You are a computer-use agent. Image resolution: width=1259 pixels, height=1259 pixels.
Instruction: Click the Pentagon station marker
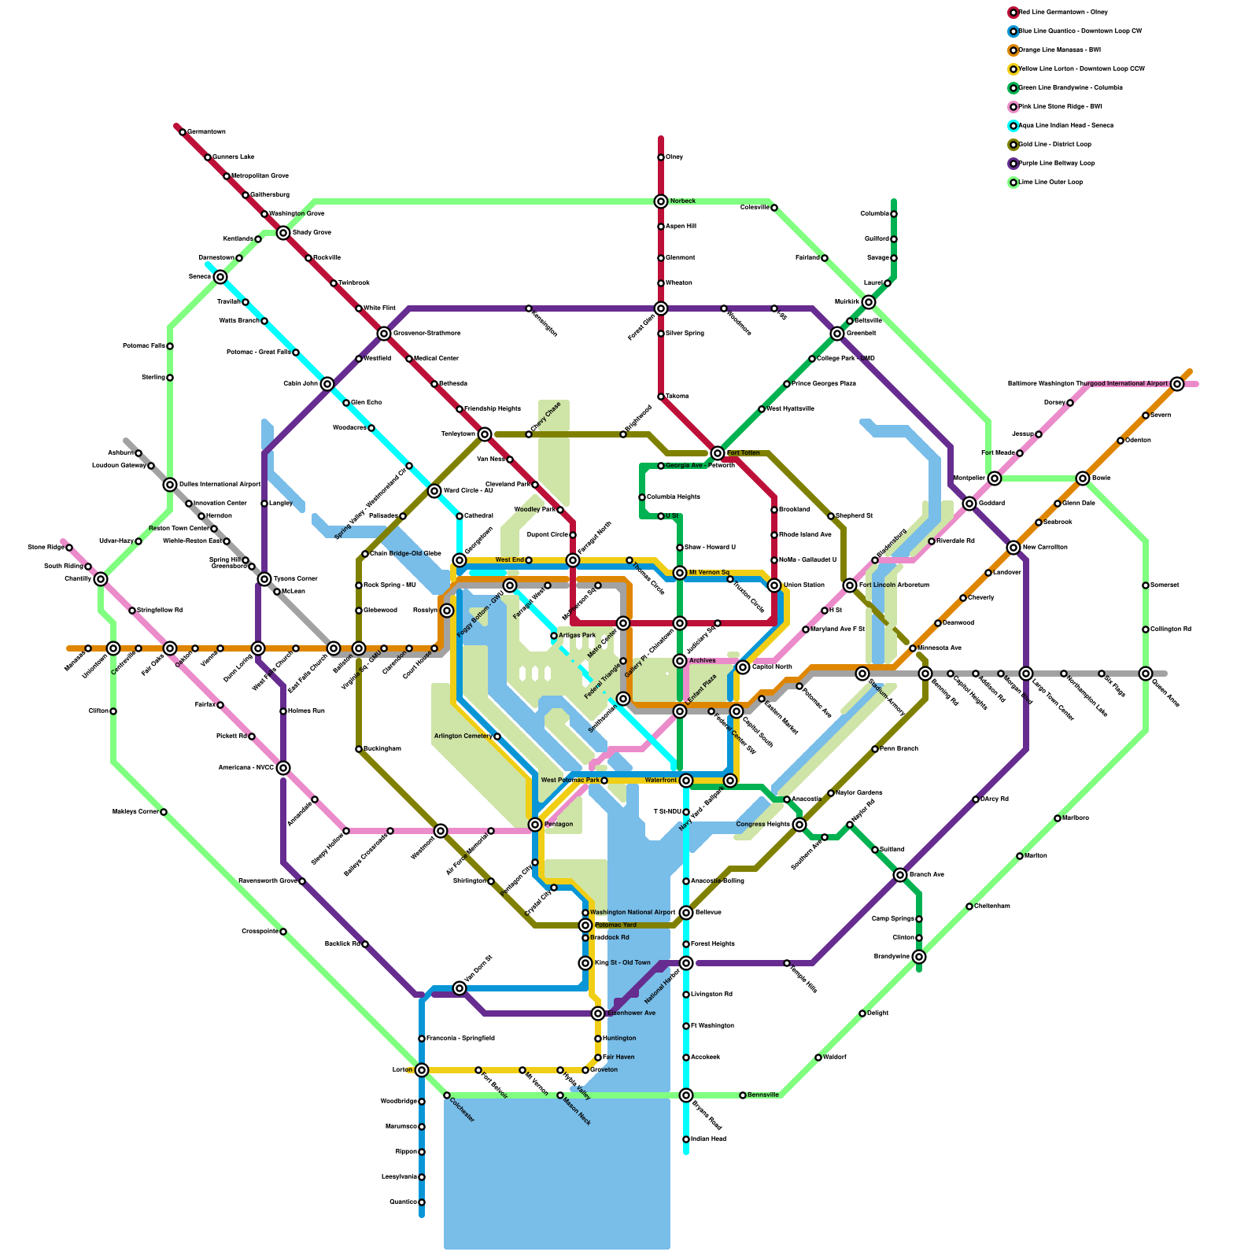(535, 825)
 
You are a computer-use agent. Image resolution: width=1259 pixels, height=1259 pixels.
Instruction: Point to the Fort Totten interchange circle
(718, 453)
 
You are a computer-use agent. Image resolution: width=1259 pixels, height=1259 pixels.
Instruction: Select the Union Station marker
(774, 585)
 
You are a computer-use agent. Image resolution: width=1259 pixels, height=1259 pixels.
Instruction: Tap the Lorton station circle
(422, 1070)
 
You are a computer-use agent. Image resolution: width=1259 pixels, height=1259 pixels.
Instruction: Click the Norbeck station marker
(661, 201)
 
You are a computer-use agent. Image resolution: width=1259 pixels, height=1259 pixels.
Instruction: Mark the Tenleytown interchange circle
(485, 434)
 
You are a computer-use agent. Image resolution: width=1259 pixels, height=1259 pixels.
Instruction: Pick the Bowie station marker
(1083, 478)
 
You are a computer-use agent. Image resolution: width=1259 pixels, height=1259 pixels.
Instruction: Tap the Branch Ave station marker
(900, 875)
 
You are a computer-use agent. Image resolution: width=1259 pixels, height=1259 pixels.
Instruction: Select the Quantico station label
(403, 1202)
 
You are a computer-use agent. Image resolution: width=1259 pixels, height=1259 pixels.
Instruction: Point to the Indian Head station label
(708, 1139)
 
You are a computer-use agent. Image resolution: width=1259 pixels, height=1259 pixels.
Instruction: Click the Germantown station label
(206, 132)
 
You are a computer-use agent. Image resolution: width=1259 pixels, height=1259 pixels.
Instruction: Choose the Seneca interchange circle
(220, 277)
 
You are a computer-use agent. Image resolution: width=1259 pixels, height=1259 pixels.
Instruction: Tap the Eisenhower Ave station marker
(598, 1013)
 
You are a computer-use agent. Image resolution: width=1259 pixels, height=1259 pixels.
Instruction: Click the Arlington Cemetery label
(463, 737)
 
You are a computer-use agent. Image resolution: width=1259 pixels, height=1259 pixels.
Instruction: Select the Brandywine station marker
(919, 957)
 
